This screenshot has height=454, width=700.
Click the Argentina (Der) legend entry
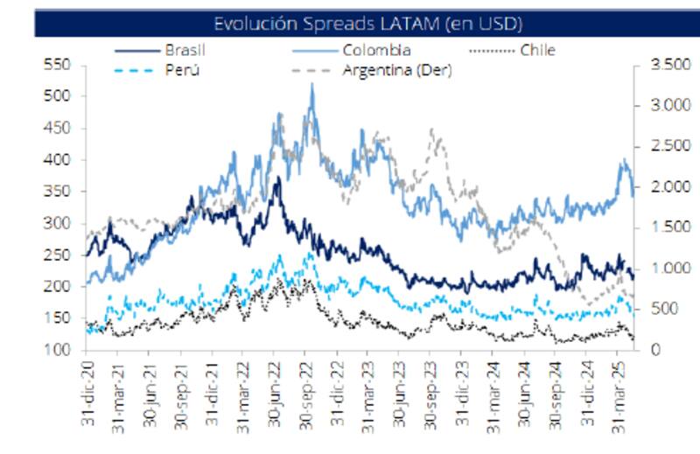[397, 70]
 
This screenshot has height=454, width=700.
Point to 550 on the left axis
[55, 65]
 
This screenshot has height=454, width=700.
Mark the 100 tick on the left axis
[55, 350]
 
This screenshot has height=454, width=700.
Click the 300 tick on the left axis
[55, 223]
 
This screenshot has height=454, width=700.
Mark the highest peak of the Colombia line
[311, 85]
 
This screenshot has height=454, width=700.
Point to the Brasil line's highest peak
[278, 178]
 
